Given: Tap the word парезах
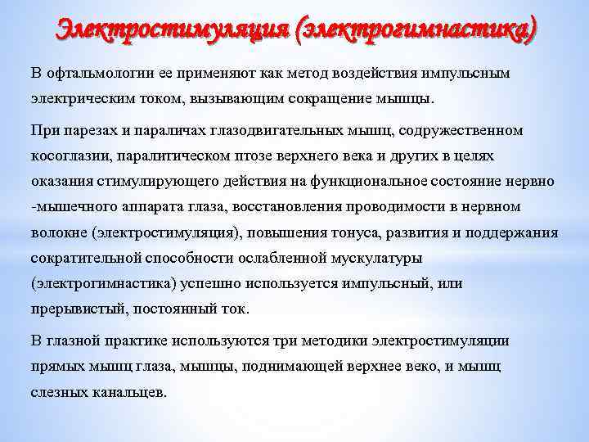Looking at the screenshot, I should (x=88, y=131).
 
